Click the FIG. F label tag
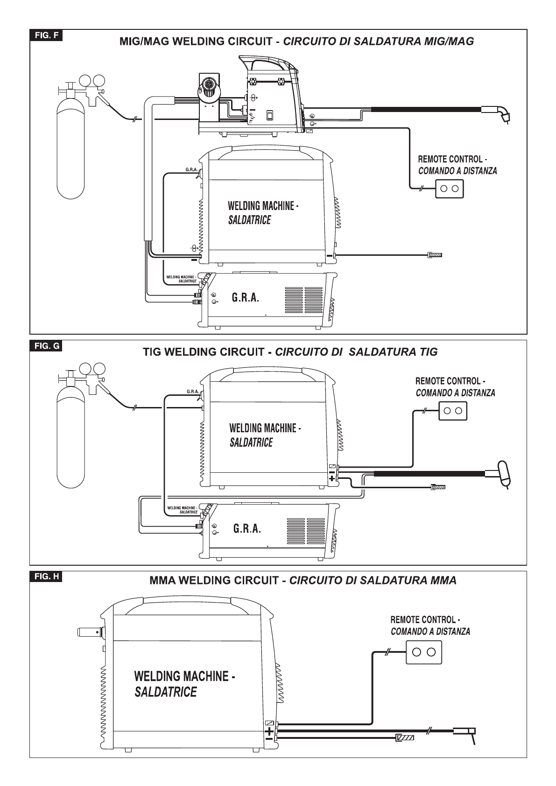click(x=46, y=35)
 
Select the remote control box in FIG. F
click(x=449, y=189)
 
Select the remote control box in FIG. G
click(x=453, y=411)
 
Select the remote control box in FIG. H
click(x=424, y=653)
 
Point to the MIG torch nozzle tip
click(x=507, y=119)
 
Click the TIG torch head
click(x=504, y=474)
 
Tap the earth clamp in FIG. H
click(x=405, y=737)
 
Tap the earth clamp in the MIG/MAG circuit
click(x=435, y=255)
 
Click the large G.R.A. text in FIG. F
click(x=246, y=298)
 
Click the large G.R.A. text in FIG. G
click(x=247, y=528)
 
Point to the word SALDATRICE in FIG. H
click(x=166, y=692)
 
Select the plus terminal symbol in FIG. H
click(x=269, y=731)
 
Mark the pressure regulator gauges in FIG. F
click(x=92, y=81)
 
